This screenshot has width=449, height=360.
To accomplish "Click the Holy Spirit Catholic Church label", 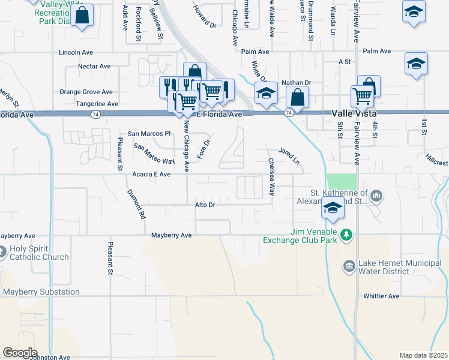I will pyautogui.click(x=39, y=253).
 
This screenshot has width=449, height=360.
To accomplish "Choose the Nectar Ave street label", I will pyautogui.click(x=94, y=66).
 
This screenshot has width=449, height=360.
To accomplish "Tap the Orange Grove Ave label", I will pyautogui.click(x=86, y=92).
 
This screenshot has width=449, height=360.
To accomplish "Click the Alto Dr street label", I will pyautogui.click(x=205, y=205).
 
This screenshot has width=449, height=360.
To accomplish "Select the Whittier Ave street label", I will pyautogui.click(x=381, y=296).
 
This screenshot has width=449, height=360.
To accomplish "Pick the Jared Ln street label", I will pyautogui.click(x=288, y=157).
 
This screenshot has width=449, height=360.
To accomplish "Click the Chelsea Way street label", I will pyautogui.click(x=271, y=176).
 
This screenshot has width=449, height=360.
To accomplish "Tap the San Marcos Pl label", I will pyautogui.click(x=150, y=133).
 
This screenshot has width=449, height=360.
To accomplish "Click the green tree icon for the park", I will pyautogui.click(x=345, y=233).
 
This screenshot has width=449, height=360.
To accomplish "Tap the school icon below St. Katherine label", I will pyautogui.click(x=333, y=208).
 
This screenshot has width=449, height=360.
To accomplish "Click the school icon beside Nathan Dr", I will pyautogui.click(x=266, y=93).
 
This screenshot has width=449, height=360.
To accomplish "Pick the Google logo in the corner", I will pyautogui.click(x=20, y=352).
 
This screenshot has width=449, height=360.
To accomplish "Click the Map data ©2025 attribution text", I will pyautogui.click(x=423, y=355).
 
